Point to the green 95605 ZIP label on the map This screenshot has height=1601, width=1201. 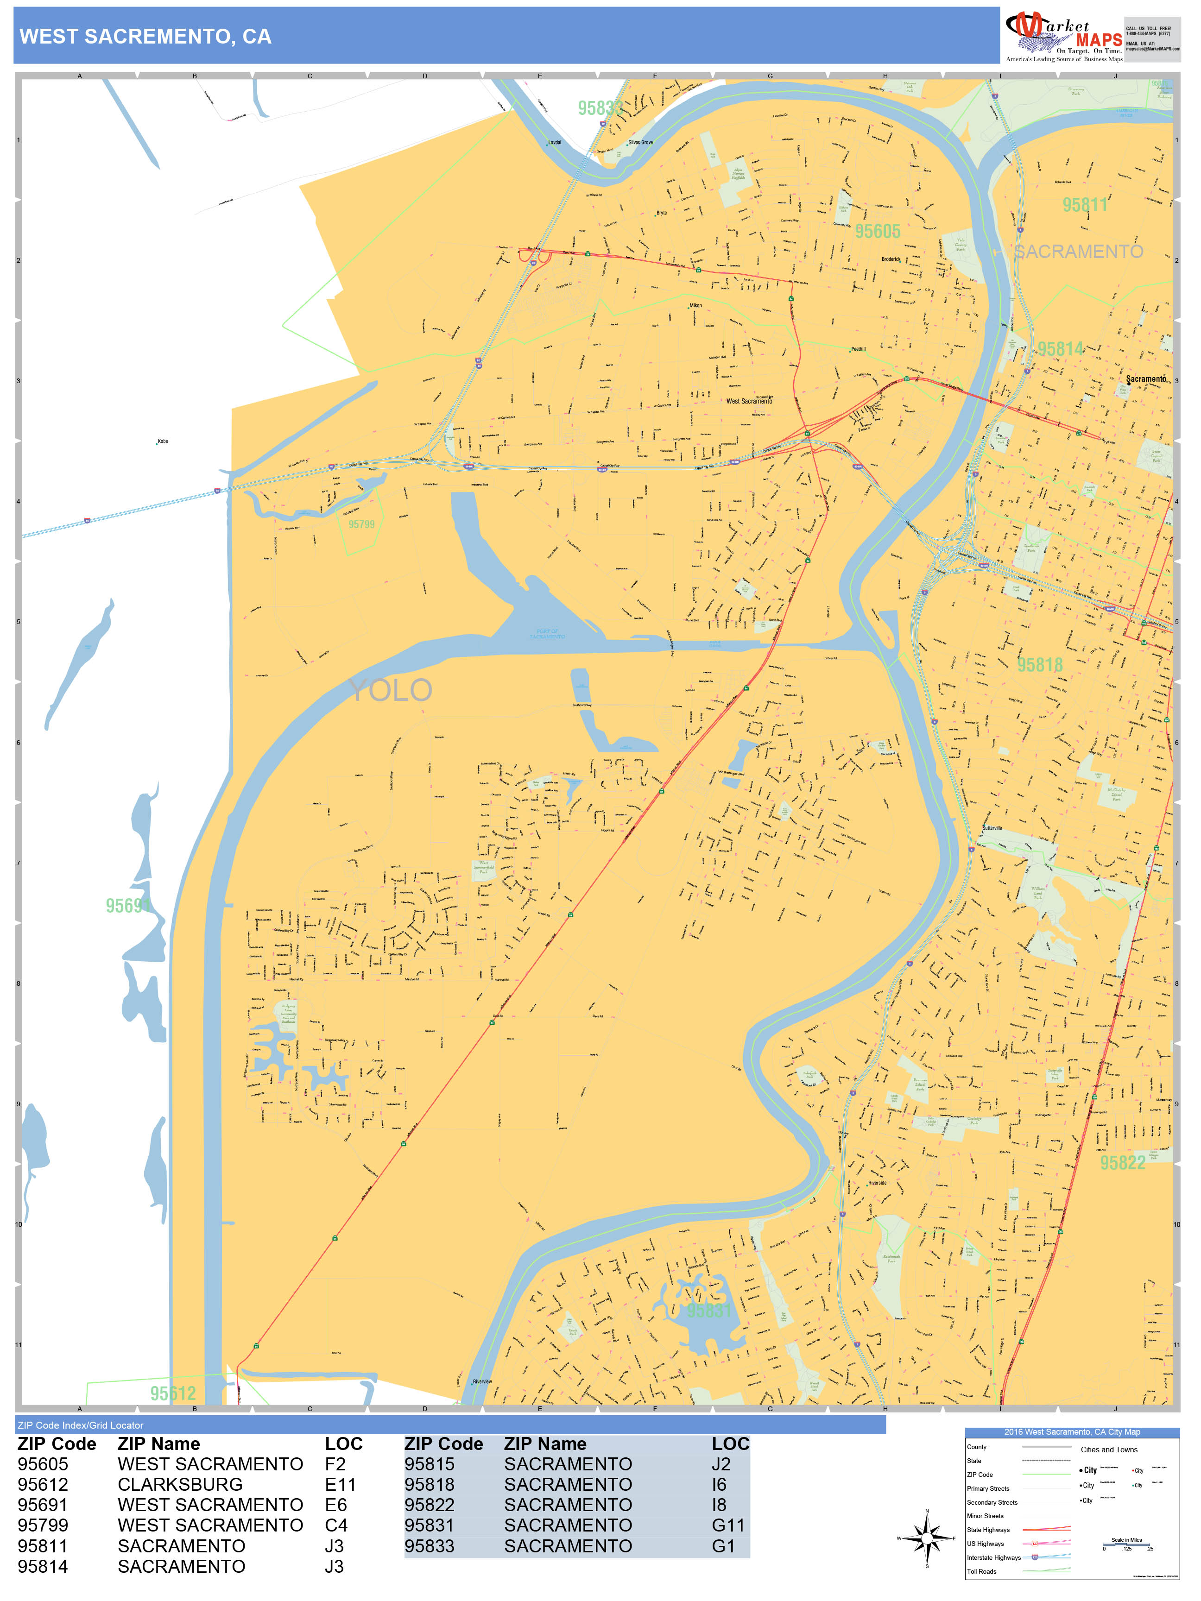(x=878, y=232)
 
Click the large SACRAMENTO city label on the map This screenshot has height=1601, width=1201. (x=1078, y=252)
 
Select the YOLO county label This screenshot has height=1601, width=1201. (x=391, y=691)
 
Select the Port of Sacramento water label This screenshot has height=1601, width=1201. (x=547, y=634)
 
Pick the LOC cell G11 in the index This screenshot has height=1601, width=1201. (x=727, y=1525)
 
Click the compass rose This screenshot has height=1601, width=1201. (x=927, y=1538)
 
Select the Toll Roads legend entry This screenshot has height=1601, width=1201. (x=982, y=1571)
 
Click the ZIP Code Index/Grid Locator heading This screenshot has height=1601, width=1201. (x=80, y=1425)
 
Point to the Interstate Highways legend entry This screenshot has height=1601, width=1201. (x=993, y=1557)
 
